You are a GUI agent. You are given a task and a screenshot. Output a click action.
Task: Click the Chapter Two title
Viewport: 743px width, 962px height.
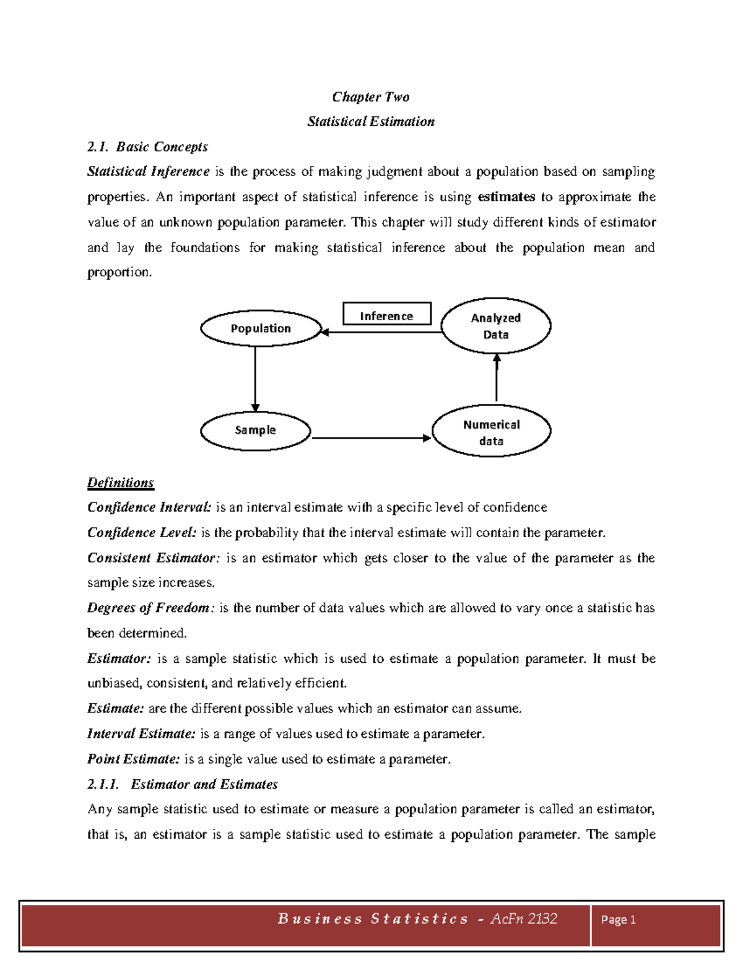pyautogui.click(x=370, y=97)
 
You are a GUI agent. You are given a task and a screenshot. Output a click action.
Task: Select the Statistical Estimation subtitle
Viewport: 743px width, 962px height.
pyautogui.click(x=370, y=121)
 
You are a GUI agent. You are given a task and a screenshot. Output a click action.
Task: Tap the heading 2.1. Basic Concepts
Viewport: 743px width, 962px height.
pyautogui.click(x=147, y=147)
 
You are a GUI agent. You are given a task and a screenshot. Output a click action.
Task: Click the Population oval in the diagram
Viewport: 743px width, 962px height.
pyautogui.click(x=261, y=328)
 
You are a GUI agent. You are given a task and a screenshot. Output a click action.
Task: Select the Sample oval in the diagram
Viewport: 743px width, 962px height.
pyautogui.click(x=255, y=430)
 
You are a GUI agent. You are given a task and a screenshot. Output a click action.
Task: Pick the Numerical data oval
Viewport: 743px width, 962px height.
pyautogui.click(x=491, y=432)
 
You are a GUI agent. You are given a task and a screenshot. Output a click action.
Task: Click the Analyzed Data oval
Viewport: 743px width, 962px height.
pyautogui.click(x=495, y=326)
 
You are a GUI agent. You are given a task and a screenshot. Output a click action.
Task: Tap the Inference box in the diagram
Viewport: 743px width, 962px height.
pyautogui.click(x=387, y=315)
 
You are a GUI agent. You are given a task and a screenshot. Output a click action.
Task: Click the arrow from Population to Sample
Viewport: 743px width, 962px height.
pyautogui.click(x=255, y=378)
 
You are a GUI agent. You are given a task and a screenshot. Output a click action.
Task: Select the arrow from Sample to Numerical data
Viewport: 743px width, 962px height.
pyautogui.click(x=370, y=438)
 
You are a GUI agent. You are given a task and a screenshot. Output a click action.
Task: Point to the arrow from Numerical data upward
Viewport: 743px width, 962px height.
pyautogui.click(x=497, y=378)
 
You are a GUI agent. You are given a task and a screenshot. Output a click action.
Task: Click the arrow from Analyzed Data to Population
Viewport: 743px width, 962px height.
pyautogui.click(x=381, y=333)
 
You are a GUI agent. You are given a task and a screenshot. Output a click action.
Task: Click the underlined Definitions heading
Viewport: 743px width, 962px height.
pyautogui.click(x=121, y=483)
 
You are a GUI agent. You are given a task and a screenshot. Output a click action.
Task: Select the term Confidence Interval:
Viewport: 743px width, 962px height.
pyautogui.click(x=149, y=507)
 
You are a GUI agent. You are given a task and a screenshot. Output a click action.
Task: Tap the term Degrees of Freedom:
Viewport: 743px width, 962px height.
pyautogui.click(x=151, y=608)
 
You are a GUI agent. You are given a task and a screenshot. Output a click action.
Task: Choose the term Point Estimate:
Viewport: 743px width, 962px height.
pyautogui.click(x=134, y=759)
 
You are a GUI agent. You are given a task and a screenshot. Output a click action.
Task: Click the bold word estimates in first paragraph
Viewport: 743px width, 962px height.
pyautogui.click(x=506, y=197)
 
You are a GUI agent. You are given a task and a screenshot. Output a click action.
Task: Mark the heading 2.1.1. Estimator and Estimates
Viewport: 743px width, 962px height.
pyautogui.click(x=183, y=784)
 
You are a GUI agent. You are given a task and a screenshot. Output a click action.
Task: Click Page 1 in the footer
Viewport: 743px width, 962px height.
pyautogui.click(x=618, y=920)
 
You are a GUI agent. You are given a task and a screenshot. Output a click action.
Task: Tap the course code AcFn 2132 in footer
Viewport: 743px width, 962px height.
pyautogui.click(x=524, y=919)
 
